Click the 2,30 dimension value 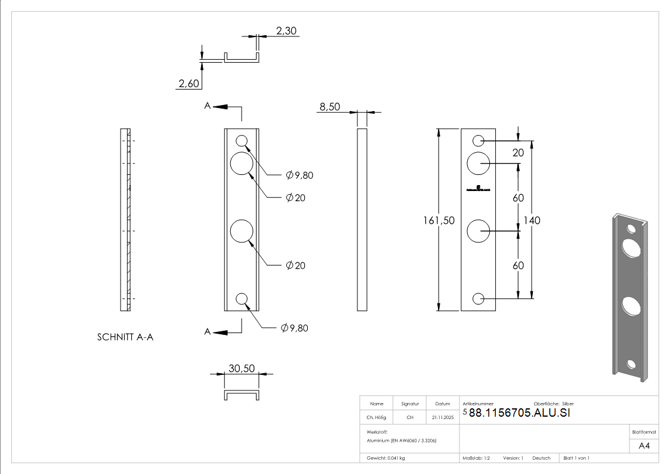coord(286,30)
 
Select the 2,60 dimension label coord(189,84)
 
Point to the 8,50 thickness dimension coord(329,107)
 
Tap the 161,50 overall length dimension coord(439,220)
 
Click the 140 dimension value coord(532,220)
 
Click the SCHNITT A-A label coord(125,337)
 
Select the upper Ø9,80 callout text coord(299,175)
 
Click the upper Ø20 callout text coord(295,198)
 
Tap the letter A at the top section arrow coord(207,106)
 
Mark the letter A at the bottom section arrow coord(207,332)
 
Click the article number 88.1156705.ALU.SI coord(519,413)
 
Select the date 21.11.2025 coord(442,418)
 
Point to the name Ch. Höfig coord(376,418)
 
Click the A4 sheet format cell coord(644,445)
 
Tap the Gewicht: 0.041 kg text coord(386,458)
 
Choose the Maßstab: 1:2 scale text coord(476,458)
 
